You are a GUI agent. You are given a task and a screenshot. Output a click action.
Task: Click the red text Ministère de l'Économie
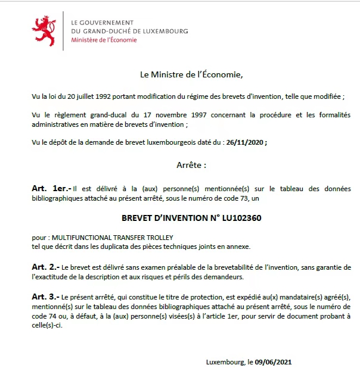click(104, 40)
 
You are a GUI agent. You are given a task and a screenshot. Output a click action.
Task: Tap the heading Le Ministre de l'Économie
click(191, 75)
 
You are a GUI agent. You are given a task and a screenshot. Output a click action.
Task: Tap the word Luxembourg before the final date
click(225, 361)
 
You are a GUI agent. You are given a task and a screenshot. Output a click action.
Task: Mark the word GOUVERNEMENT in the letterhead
click(110, 21)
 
